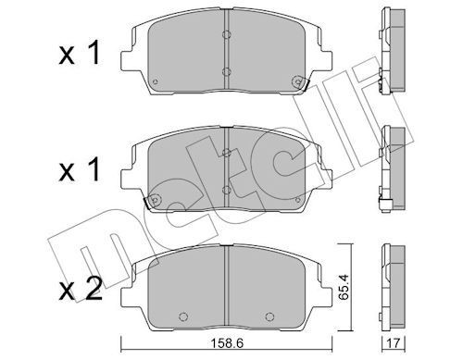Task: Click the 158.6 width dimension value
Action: click(x=227, y=343)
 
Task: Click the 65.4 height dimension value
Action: click(x=344, y=287)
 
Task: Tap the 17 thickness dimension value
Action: click(x=393, y=343)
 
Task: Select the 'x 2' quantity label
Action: click(x=81, y=289)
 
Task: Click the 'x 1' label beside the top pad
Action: click(x=80, y=53)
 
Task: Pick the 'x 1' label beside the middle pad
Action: click(x=80, y=168)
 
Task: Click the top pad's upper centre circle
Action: click(x=226, y=34)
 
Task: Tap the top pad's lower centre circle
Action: click(x=226, y=72)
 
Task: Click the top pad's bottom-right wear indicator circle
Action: click(x=297, y=81)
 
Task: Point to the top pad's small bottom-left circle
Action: click(x=156, y=81)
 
